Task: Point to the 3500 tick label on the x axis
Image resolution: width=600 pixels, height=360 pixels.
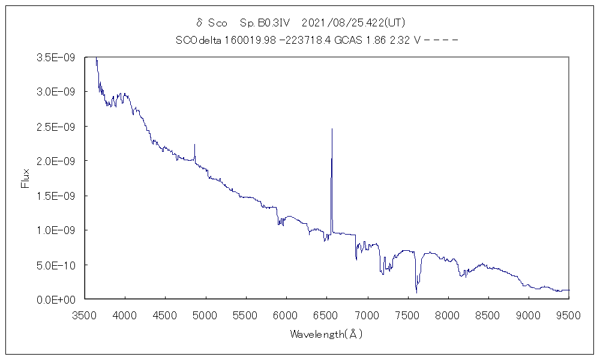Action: click(x=84, y=314)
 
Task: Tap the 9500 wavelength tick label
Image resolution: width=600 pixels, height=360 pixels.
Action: click(x=569, y=314)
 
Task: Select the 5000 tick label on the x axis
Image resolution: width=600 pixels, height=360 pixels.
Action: click(x=205, y=314)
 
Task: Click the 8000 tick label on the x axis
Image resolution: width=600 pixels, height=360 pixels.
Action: click(x=448, y=314)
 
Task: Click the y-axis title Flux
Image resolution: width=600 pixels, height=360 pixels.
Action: click(x=25, y=178)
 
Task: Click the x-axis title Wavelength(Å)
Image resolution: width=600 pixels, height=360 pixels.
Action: click(x=326, y=334)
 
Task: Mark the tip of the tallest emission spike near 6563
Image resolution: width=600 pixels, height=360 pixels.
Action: click(x=332, y=128)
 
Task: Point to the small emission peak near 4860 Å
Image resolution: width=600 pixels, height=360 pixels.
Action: click(x=194, y=145)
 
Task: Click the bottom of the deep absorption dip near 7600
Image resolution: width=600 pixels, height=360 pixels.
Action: click(x=416, y=292)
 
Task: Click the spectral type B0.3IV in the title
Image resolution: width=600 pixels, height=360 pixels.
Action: click(x=265, y=23)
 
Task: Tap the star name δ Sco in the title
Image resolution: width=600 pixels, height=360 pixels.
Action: click(x=212, y=23)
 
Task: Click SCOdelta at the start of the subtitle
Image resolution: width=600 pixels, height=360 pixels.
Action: click(x=197, y=41)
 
